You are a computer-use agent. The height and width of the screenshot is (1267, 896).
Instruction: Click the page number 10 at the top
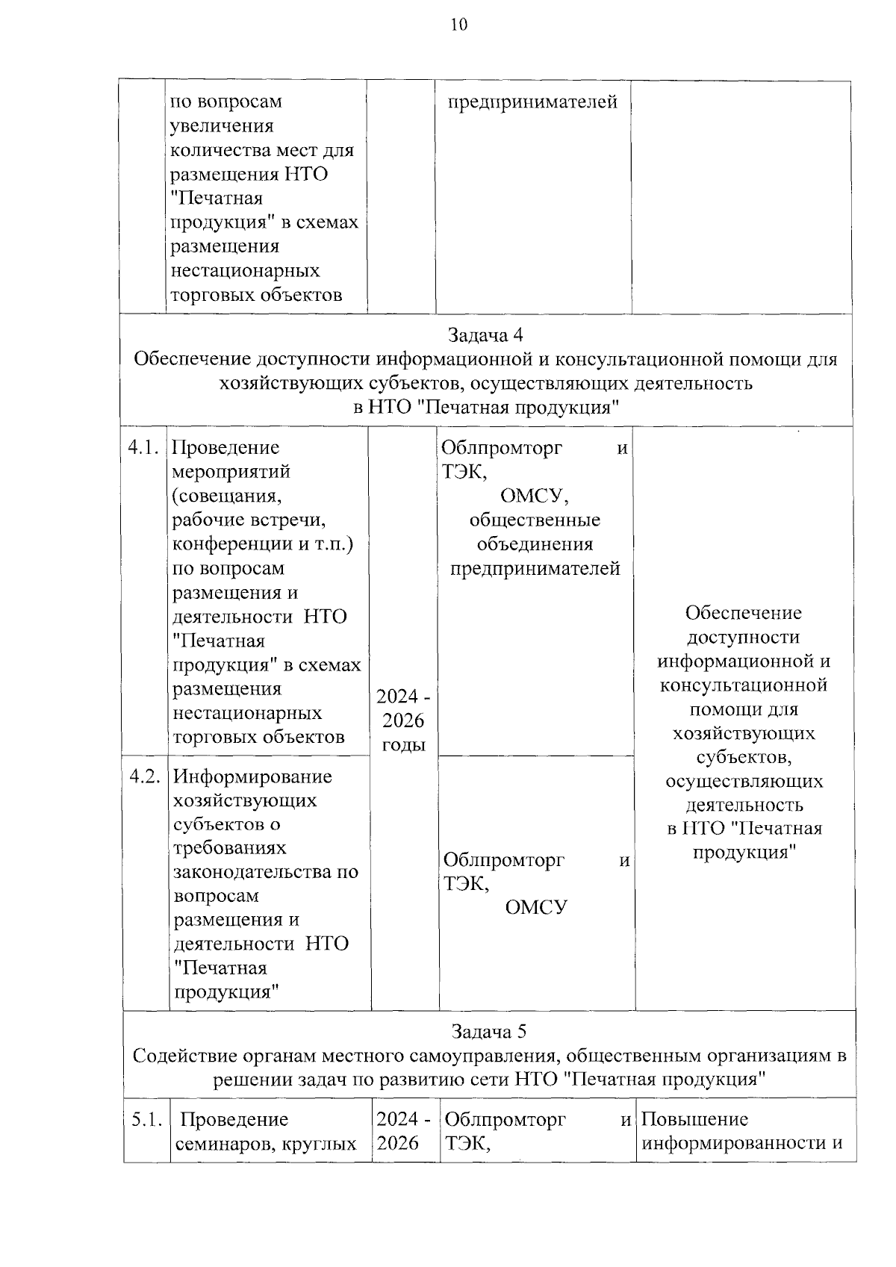[458, 25]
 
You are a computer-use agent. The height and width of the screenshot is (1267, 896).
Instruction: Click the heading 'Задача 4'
[485, 334]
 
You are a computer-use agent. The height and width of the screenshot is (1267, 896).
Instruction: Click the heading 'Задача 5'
[488, 1031]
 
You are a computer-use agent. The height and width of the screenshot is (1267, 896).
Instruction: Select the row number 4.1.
[143, 447]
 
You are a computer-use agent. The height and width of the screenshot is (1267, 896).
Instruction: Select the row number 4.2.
[145, 776]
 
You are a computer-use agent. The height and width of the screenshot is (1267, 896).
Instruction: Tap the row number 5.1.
[146, 1119]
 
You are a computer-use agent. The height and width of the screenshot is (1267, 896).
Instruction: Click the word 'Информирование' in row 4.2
[252, 776]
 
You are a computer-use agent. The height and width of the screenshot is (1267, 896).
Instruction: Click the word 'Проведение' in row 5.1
[234, 1119]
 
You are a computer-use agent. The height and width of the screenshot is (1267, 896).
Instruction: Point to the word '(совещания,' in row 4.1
[227, 496]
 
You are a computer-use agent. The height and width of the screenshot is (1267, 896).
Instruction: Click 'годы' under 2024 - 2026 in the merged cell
[403, 744]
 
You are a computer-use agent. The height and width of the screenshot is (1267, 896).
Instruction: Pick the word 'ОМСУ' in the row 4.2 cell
[536, 907]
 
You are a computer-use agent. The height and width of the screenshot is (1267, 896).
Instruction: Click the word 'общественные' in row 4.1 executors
[535, 520]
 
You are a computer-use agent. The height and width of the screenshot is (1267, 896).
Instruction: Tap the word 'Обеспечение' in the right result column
[743, 613]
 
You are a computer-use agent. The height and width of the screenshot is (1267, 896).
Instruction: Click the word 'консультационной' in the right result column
[743, 685]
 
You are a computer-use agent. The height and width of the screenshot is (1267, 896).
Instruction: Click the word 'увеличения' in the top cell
[222, 125]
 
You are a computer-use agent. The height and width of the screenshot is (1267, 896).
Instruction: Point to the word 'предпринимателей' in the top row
[532, 102]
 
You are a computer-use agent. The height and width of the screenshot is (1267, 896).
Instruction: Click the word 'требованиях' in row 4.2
[230, 848]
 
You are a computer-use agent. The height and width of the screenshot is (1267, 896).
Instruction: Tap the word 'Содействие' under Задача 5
[187, 1056]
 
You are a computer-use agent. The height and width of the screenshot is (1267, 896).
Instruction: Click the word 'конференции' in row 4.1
[232, 544]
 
